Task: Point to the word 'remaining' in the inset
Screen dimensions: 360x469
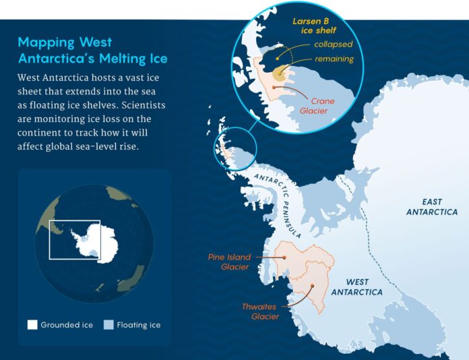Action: point(334,59)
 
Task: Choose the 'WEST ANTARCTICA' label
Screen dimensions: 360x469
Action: point(355,287)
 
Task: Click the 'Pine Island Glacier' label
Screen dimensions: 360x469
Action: point(230,262)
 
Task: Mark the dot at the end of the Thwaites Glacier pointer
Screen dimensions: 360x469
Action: point(312,286)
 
